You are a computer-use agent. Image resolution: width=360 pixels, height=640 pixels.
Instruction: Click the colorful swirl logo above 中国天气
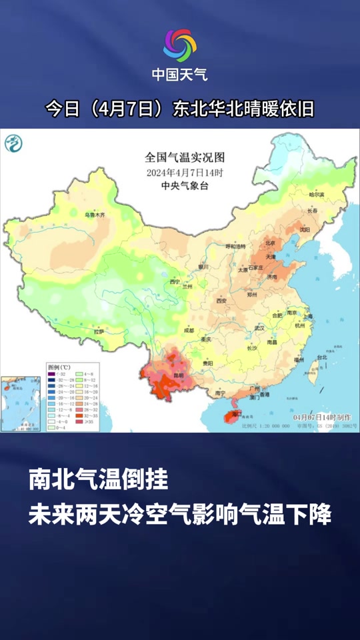(x=180, y=45)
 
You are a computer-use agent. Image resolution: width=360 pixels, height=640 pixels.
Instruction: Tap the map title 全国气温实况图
(x=185, y=157)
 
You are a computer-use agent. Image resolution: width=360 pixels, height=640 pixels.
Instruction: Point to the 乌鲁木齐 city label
(x=94, y=215)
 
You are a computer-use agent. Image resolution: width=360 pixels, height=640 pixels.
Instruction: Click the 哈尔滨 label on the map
(x=316, y=195)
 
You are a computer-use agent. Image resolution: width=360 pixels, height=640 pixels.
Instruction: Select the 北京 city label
(x=270, y=243)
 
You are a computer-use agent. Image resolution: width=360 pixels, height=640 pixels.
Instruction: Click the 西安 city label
(x=222, y=301)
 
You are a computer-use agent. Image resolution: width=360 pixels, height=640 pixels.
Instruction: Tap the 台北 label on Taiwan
(x=322, y=357)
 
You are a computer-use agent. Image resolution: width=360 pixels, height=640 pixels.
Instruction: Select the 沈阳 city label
(x=305, y=229)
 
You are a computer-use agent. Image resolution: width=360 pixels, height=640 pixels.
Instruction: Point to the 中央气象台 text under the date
(x=185, y=186)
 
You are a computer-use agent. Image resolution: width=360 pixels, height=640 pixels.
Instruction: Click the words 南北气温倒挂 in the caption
(x=97, y=479)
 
